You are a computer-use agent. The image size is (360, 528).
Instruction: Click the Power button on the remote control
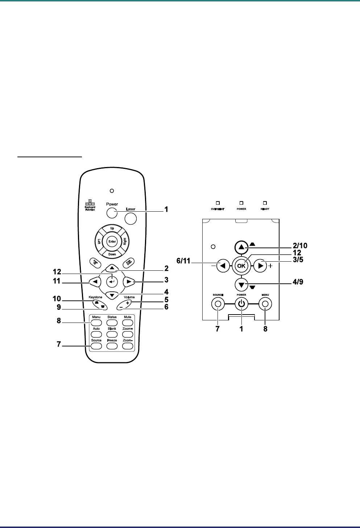[112, 213]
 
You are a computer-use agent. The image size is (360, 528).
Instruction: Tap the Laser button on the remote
[131, 218]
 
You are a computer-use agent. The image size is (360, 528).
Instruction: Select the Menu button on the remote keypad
[96, 322]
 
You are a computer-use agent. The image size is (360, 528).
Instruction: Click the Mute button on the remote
[127, 322]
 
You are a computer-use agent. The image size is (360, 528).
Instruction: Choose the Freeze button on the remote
[112, 345]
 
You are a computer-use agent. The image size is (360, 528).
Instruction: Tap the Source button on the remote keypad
[96, 345]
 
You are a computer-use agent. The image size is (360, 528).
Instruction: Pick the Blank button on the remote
[112, 334]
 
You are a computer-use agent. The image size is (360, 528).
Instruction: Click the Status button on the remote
[112, 322]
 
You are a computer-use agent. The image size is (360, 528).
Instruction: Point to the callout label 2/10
[299, 245]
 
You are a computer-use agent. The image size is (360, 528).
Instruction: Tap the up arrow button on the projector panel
[241, 248]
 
